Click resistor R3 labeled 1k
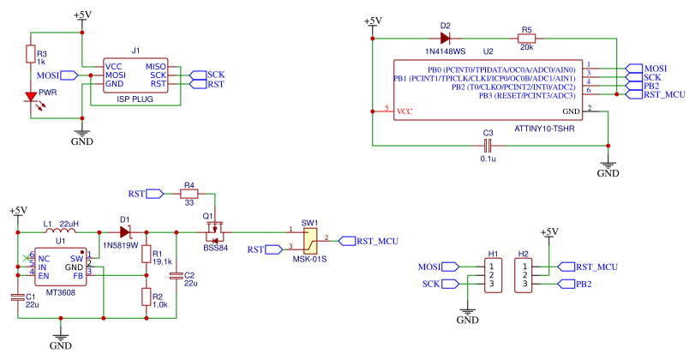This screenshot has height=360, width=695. point(32,56)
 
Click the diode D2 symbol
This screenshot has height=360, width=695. point(445,39)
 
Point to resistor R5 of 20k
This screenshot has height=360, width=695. point(526,39)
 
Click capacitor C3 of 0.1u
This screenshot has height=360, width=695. point(488,146)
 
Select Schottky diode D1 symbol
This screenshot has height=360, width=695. point(126,231)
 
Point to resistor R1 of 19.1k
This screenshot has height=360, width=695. point(145,255)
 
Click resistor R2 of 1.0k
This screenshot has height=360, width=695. point(145,297)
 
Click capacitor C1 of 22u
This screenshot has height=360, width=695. point(18,297)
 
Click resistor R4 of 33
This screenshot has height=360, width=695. point(189,195)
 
